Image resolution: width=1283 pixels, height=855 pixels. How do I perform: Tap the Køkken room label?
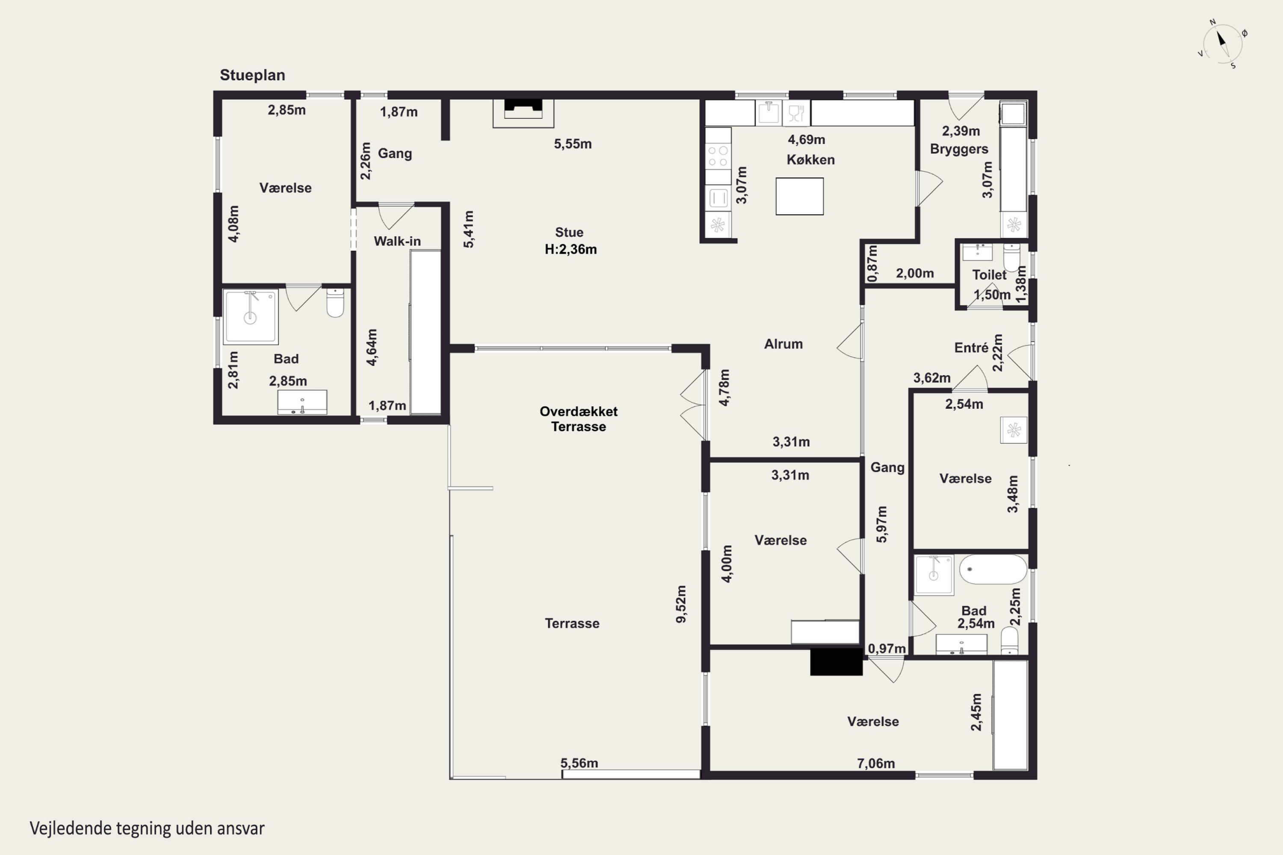[810, 160]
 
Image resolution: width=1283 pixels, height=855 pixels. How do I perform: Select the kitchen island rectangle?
[800, 196]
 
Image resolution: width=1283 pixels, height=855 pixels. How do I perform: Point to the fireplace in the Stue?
[523, 113]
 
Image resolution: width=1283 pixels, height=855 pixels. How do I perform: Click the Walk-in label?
[397, 241]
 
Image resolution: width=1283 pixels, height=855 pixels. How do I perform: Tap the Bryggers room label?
[959, 149]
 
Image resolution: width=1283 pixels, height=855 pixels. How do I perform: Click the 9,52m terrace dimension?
[681, 604]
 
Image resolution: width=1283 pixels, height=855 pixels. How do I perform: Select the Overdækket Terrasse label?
[579, 419]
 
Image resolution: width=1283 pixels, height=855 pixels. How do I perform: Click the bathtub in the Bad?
[993, 570]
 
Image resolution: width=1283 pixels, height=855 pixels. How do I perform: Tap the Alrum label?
[783, 344]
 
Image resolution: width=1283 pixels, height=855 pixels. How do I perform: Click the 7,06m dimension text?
[876, 764]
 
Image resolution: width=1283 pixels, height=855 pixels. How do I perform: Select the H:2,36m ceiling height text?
[571, 249]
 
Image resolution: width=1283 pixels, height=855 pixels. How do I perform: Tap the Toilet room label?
[989, 275]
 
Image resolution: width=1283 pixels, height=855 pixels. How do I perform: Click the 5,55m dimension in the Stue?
[573, 144]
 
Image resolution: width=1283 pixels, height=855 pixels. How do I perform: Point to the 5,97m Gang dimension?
[881, 525]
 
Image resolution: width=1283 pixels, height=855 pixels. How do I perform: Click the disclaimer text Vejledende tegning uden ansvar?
[147, 828]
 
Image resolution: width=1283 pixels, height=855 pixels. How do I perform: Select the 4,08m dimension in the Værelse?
[234, 224]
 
